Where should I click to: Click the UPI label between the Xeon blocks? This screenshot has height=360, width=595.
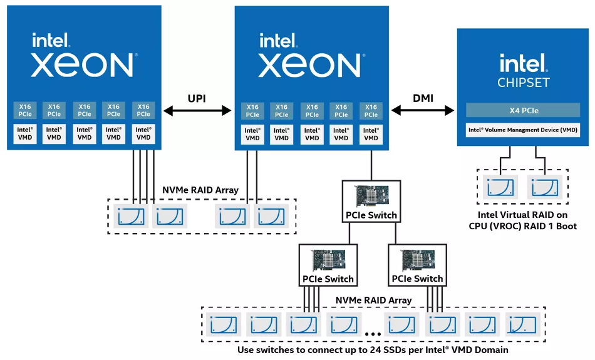click(197, 99)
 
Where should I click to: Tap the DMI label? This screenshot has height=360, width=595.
click(423, 98)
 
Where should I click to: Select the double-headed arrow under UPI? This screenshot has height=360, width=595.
click(197, 111)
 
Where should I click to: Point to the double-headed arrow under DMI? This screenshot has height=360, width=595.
click(423, 111)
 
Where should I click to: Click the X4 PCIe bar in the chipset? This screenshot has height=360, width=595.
click(524, 111)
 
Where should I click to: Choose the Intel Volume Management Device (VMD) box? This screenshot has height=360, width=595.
click(524, 130)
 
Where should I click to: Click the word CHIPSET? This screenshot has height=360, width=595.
click(524, 83)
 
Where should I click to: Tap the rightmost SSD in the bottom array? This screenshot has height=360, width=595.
click(523, 324)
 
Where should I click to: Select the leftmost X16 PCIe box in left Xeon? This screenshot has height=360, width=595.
click(24, 111)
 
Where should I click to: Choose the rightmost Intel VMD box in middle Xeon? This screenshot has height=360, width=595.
click(371, 134)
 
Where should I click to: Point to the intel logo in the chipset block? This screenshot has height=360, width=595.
click(524, 63)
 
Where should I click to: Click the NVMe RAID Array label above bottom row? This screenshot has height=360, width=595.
click(373, 301)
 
